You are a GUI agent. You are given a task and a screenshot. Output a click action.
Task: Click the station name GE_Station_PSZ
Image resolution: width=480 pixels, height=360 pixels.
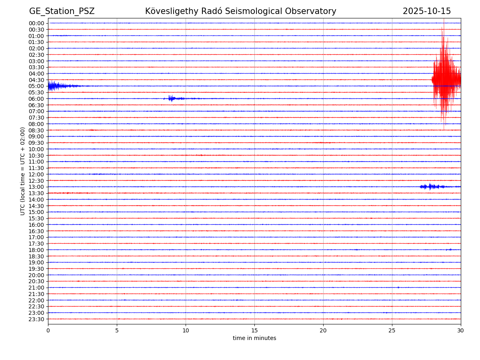tap(62, 11)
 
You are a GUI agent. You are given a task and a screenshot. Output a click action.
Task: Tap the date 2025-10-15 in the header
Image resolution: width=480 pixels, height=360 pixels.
tap(426, 11)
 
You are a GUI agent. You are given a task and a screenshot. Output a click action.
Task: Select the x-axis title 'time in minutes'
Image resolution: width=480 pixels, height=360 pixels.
tap(254, 338)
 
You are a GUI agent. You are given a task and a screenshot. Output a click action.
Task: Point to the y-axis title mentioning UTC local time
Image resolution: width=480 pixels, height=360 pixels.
tap(23, 171)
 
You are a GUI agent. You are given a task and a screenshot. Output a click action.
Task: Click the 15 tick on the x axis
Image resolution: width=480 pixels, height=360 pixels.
tap(254, 330)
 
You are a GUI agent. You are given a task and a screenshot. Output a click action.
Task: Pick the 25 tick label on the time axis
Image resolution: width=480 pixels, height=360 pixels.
tap(392, 330)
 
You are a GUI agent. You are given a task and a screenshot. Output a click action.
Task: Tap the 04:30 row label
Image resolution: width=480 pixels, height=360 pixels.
tap(36, 80)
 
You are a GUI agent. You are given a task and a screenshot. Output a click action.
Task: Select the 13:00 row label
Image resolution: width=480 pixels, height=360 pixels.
tap(36, 187)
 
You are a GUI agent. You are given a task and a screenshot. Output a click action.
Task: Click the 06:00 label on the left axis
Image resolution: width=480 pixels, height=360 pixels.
tap(36, 99)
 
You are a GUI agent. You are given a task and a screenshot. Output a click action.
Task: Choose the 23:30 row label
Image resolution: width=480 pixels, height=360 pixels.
tap(36, 319)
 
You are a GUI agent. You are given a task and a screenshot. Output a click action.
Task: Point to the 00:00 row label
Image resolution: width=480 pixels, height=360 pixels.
tap(36, 23)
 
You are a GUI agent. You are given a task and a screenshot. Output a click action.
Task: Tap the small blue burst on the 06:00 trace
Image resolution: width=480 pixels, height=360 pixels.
tap(172, 98)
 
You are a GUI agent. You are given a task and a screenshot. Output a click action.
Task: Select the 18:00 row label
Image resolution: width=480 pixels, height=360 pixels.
tap(36, 250)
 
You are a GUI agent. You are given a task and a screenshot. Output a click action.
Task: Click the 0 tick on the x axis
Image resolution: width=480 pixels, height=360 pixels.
tap(48, 330)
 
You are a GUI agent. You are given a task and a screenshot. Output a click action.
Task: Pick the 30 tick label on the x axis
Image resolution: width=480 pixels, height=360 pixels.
tap(461, 330)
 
